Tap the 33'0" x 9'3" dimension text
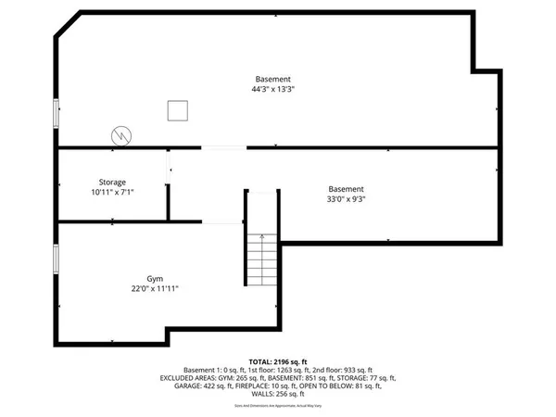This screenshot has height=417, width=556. tap(346, 198)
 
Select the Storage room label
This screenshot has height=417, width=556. tap(113, 183)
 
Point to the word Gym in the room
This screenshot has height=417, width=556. tap(154, 278)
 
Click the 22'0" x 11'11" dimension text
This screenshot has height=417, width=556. tap(154, 288)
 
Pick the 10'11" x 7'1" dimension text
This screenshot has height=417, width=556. tap(113, 193)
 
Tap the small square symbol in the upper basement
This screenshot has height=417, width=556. tap(178, 111)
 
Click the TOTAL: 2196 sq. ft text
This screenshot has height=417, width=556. tap(277, 360)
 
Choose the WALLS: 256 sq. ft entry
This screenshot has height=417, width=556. tap(277, 394)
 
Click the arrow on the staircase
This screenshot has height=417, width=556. tap(263, 238)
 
